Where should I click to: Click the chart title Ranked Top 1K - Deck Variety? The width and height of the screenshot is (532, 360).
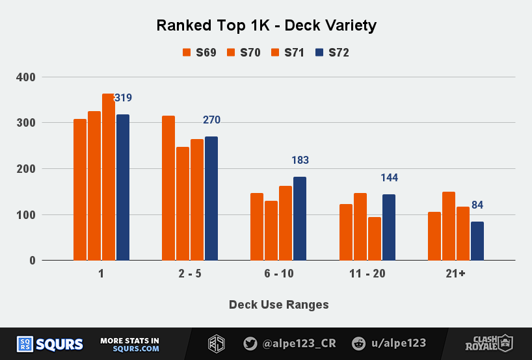coord(266,26)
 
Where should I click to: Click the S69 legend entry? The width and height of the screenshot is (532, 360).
coord(199,53)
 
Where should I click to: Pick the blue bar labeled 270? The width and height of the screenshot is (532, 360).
coord(211,198)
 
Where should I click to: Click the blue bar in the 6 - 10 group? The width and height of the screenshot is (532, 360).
coord(300,218)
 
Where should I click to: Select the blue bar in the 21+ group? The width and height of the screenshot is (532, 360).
coord(477,240)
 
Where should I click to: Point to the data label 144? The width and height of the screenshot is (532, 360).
coord(389,178)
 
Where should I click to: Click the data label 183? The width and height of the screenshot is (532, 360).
coord(300,161)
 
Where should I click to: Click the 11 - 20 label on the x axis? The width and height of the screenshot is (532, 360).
coord(367,274)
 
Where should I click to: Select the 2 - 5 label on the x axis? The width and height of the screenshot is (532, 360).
coord(190,274)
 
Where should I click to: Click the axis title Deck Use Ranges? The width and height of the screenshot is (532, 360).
coord(278,305)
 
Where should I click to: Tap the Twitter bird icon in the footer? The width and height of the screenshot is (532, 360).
coord(250,344)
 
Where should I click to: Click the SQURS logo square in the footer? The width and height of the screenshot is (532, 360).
coord(25,344)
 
